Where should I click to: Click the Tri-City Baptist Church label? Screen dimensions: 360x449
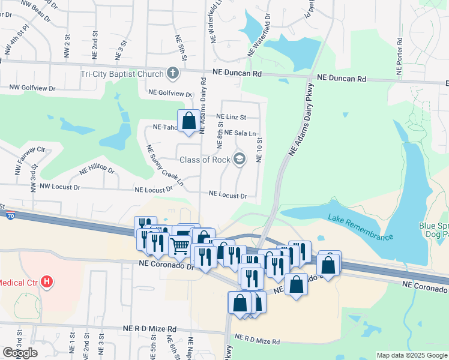tap(122, 74)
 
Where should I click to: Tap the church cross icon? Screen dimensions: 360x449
tap(173, 74)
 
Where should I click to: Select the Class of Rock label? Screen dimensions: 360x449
tap(204, 160)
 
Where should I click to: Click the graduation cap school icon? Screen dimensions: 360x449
tap(240, 159)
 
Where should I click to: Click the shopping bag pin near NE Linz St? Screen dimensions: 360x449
tap(189, 121)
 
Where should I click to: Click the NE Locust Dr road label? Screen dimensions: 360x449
tap(228, 195)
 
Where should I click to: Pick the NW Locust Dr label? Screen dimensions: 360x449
tap(59, 187)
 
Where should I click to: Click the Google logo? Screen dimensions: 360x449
tap(20, 353)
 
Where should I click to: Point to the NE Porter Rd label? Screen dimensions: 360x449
tap(400, 58)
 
